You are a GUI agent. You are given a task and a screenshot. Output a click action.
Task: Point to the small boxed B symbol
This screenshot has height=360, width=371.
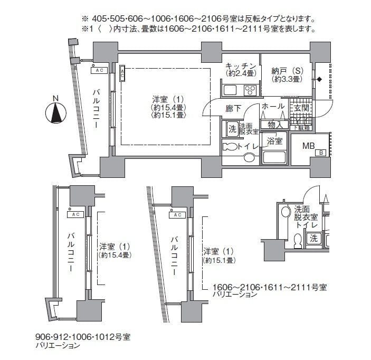pyautogui.click(x=320, y=153)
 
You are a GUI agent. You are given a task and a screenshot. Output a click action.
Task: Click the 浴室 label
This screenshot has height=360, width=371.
pyautogui.click(x=274, y=141)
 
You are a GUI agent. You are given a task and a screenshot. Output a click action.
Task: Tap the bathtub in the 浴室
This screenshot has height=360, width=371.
pyautogui.click(x=274, y=157)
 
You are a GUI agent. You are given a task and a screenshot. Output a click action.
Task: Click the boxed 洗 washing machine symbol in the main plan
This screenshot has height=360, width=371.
pyautogui.click(x=232, y=128)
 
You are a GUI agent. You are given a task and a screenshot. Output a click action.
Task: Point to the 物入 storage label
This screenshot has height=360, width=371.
pyautogui.click(x=275, y=125)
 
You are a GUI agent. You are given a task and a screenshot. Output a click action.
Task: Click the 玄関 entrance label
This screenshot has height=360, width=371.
pyautogui.click(x=301, y=108)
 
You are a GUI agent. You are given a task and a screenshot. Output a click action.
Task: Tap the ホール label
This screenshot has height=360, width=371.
pyautogui.click(x=273, y=107)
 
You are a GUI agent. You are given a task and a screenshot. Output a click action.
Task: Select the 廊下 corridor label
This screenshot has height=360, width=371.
pyautogui.click(x=233, y=108)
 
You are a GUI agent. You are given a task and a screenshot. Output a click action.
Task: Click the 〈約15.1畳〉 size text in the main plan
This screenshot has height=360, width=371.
pyautogui.click(x=167, y=115)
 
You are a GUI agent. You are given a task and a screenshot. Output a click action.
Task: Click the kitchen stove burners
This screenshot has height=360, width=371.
pyautogui.click(x=249, y=89)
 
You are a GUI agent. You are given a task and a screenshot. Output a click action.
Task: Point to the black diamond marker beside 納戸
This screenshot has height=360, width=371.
pyautogui.click(x=319, y=80)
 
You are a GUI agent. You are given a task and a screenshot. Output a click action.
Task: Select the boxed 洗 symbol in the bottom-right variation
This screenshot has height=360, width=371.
pyautogui.click(x=313, y=239)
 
